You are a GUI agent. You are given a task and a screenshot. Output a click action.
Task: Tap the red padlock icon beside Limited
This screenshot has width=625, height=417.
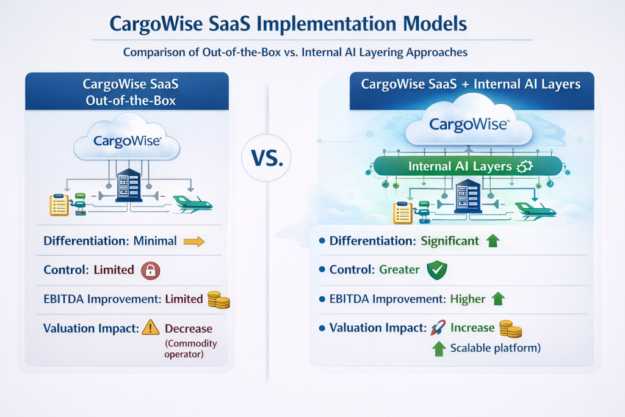point(150,270)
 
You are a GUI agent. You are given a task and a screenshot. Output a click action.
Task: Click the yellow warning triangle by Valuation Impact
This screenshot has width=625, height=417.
point(150,328)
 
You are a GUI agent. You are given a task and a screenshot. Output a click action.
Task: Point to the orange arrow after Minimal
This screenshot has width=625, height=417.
point(193,241)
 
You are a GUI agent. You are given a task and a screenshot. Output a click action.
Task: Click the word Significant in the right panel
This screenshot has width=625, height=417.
point(450,241)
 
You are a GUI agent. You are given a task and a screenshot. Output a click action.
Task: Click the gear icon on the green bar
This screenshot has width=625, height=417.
point(524,166)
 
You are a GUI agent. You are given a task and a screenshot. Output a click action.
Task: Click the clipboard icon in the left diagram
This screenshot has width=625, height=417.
point(59,205)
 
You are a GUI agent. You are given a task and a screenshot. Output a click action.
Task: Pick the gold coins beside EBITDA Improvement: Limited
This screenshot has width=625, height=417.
point(217,299)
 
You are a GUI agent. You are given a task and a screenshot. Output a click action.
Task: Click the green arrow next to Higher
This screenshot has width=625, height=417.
point(498,299)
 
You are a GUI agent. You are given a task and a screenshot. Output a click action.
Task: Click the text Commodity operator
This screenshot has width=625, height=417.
point(190,349)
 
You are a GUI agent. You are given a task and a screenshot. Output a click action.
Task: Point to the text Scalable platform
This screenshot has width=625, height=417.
point(495,349)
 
